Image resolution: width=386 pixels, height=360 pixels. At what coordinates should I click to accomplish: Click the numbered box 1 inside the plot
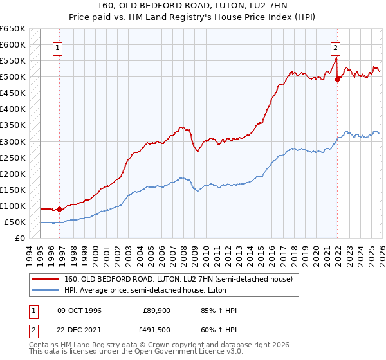[58, 47]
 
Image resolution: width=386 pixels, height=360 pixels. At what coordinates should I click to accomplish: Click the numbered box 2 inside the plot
[336, 47]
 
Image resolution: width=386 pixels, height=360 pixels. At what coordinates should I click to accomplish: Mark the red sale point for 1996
[59, 209]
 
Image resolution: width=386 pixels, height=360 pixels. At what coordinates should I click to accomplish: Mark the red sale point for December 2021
[338, 80]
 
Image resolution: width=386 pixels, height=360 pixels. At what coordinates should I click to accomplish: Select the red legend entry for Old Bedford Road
[178, 279]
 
